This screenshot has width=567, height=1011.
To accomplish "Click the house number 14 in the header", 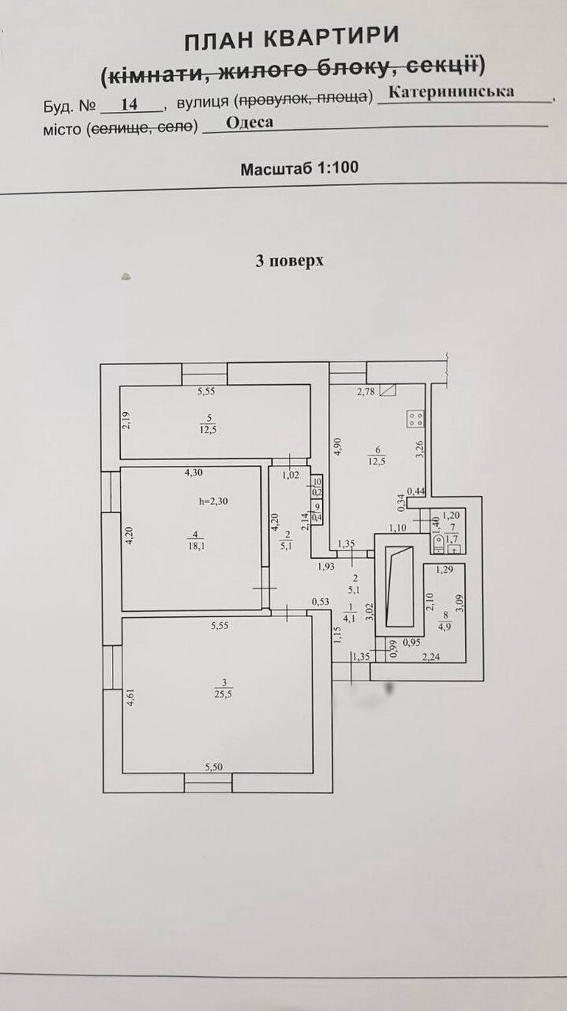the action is pos(129,104).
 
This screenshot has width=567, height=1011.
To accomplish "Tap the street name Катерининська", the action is pos(451,92).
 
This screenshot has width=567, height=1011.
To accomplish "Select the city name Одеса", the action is pos(249,122).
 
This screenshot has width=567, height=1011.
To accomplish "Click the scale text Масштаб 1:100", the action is pos(299,169).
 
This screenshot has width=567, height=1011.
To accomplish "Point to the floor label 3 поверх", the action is pos(290,261).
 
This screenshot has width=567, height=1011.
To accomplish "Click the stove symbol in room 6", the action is pos(416,418).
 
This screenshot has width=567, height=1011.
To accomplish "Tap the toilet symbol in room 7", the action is pos(438,544).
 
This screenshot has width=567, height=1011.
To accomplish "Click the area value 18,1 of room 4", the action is pos(195,546).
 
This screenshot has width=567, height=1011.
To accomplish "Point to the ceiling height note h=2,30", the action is pos(213,501).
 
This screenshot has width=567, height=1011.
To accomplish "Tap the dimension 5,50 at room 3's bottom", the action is pos(214,767).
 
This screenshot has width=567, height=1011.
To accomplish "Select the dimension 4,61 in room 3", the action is pos(130,696).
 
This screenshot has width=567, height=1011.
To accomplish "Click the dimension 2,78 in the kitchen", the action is pos(366,392).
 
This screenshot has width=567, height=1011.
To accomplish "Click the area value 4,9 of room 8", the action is pos(445,626).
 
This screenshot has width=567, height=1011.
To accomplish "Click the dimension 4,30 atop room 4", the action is pos(194,473).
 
